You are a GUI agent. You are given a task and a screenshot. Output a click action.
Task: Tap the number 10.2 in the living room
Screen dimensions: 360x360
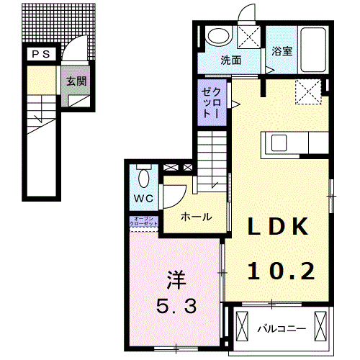click(x=282, y=271)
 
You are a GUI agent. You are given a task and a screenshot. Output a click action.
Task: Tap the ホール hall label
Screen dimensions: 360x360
click(x=195, y=216)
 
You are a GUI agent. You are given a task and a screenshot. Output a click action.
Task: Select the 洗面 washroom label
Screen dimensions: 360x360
click(x=230, y=60)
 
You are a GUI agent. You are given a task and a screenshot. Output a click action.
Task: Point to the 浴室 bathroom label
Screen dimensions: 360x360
click(x=282, y=52)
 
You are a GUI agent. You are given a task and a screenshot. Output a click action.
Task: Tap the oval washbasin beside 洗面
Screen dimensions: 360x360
click(x=215, y=36)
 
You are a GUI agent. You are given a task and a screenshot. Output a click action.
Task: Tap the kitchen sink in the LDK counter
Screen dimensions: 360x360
click(x=279, y=143)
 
